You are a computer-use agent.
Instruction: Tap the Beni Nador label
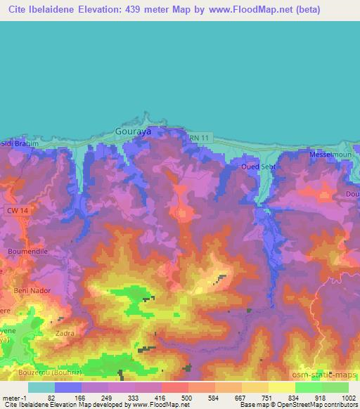[30, 290]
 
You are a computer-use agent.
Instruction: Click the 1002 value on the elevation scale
[349, 398]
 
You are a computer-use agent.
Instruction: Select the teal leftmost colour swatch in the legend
[41, 387]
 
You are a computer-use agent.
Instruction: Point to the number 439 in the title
[138, 9]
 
